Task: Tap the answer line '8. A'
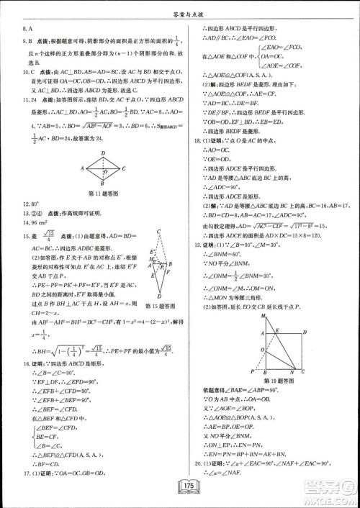pyautogui.click(x=30, y=30)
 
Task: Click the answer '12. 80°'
pyautogui.click(x=32, y=204)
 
